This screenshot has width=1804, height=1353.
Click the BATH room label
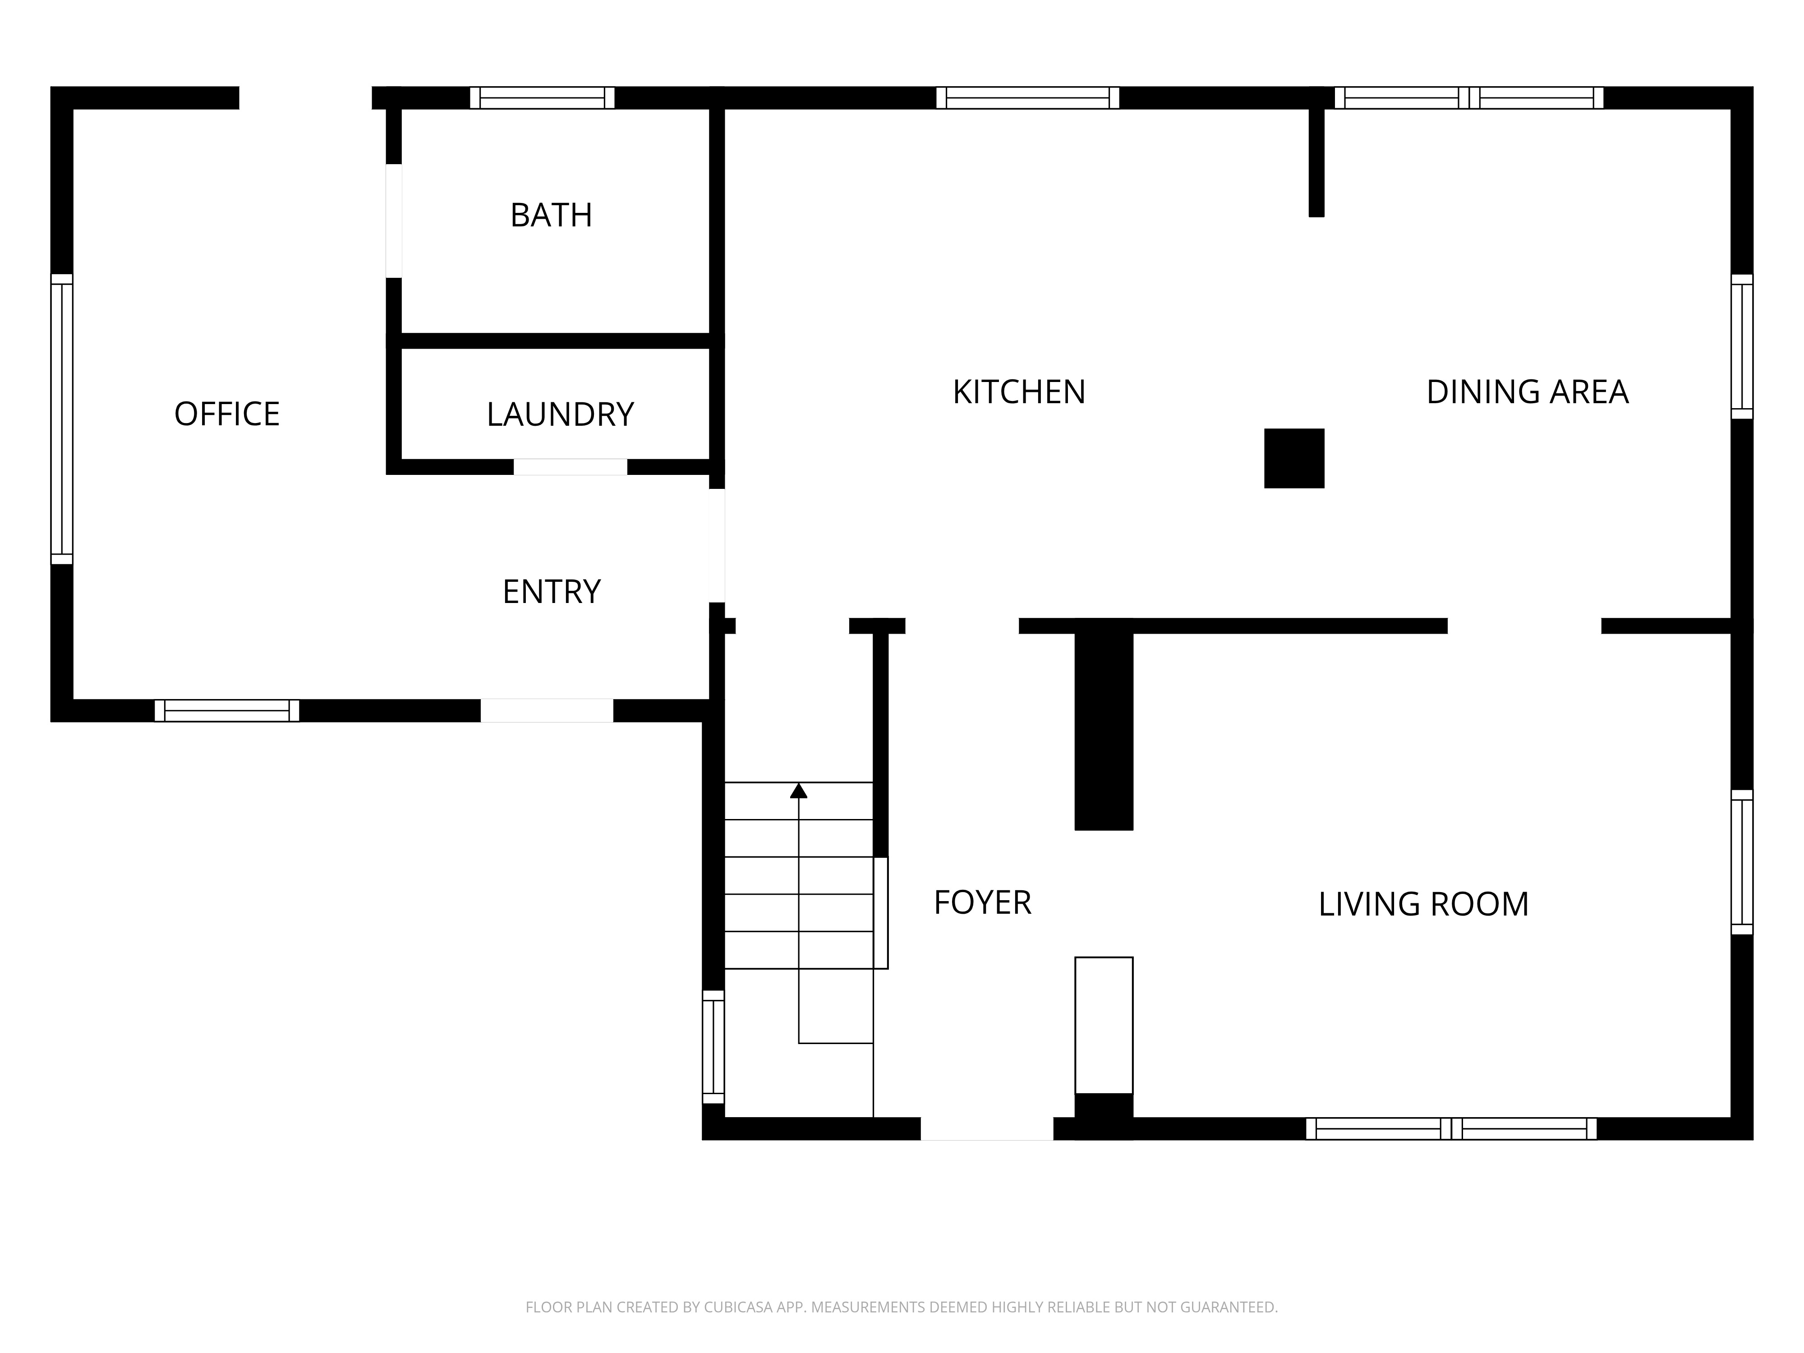[x=551, y=215]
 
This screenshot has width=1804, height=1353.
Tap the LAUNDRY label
[x=560, y=414]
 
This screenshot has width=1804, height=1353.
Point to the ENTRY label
[x=551, y=591]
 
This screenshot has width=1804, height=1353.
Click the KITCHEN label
[x=1019, y=392]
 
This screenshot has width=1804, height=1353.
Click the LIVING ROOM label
[x=1423, y=904]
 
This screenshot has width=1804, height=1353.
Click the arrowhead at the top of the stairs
[x=798, y=790]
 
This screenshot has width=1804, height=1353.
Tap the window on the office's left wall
[x=62, y=419]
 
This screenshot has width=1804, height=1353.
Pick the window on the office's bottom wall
[x=227, y=710]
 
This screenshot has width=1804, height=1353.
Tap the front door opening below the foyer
[x=987, y=1129]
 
